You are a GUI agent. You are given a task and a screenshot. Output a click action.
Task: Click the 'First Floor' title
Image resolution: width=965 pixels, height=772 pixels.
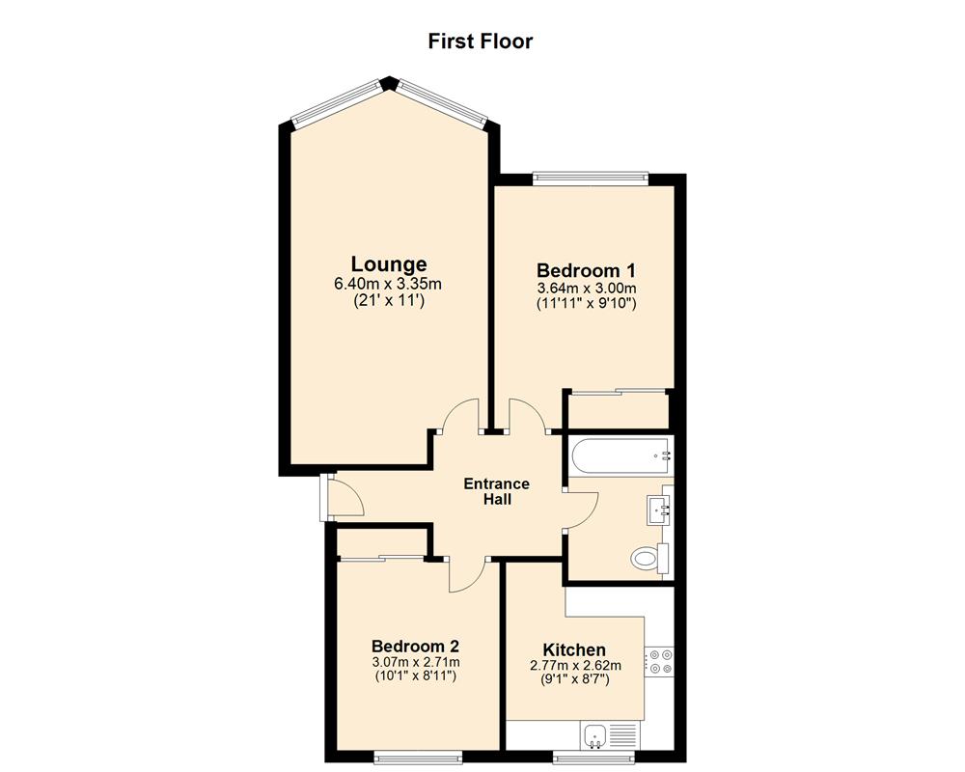(x=481, y=41)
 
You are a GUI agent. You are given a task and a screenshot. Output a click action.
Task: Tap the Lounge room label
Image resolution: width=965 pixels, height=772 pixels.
(x=388, y=263)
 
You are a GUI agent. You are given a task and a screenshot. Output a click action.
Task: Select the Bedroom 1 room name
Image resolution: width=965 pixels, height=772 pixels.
(x=586, y=270)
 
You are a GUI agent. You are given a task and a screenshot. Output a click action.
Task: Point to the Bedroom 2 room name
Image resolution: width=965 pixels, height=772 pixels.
(x=415, y=646)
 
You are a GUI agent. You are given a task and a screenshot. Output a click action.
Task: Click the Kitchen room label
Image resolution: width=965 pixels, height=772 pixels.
(x=574, y=649)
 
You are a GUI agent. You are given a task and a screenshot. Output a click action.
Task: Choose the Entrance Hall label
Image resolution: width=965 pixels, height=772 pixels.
(x=497, y=491)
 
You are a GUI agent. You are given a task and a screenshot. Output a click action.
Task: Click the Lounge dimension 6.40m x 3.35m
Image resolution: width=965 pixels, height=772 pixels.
(x=388, y=284)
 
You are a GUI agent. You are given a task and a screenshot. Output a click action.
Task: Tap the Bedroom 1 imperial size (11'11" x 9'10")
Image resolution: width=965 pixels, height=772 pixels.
(x=586, y=303)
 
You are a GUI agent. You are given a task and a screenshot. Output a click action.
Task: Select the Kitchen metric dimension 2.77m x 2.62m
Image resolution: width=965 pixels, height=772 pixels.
(x=574, y=665)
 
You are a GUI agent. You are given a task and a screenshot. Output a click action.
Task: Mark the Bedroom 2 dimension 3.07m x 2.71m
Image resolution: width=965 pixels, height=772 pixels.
(x=415, y=662)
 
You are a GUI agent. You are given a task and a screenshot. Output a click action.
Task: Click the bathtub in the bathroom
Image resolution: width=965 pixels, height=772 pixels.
(x=618, y=455)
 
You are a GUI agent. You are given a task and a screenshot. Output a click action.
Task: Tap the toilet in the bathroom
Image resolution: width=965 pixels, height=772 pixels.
(x=647, y=559)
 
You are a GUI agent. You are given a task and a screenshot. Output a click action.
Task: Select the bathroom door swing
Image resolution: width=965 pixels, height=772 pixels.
(x=581, y=509)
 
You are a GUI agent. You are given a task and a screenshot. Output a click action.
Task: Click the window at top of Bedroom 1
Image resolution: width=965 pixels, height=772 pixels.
(x=591, y=178)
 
